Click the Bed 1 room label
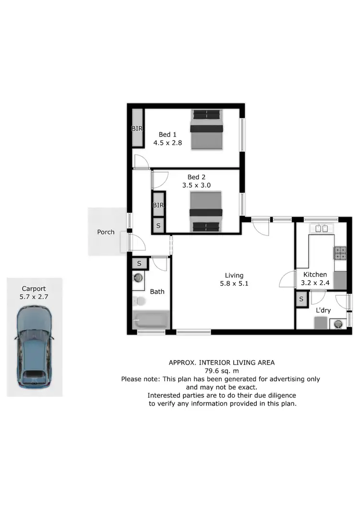pyautogui.click(x=168, y=134)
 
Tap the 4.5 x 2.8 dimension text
pyautogui.click(x=168, y=143)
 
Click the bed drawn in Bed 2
pyautogui.click(x=206, y=212)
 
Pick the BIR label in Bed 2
pyautogui.click(x=158, y=205)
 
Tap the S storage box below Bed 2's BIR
pyautogui.click(x=158, y=225)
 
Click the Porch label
pyautogui.click(x=106, y=232)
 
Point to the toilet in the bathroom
pyautogui.click(x=140, y=301)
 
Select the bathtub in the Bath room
pyautogui.click(x=151, y=319)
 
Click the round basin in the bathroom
pyautogui.click(x=138, y=278)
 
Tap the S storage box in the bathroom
pyautogui.click(x=139, y=263)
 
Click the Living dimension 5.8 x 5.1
pyautogui.click(x=234, y=284)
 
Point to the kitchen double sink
pyautogui.click(x=322, y=228)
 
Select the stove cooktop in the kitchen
pyautogui.click(x=340, y=252)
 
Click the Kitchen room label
pyautogui.click(x=314, y=274)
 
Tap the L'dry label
pyautogui.click(x=323, y=310)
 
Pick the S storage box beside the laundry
pyautogui.click(x=301, y=300)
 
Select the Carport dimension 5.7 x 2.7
pyautogui.click(x=34, y=297)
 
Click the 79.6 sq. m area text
pyautogui.click(x=221, y=370)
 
